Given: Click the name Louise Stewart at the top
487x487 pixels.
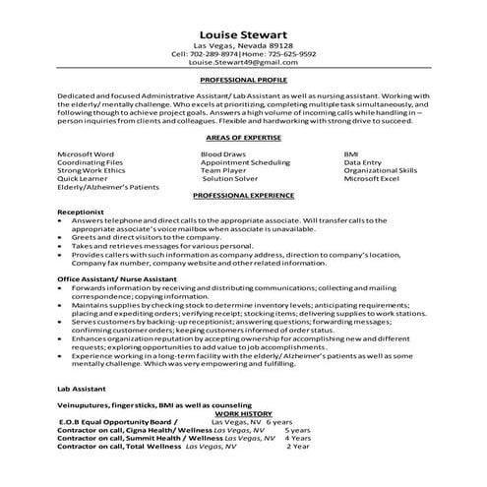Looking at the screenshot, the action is (242, 31).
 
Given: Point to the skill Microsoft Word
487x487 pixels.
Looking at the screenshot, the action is (87, 155).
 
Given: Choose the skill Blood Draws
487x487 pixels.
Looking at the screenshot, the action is (222, 155).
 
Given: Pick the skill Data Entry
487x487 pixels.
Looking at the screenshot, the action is (366, 163).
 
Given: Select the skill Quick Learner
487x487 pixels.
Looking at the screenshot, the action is (85, 179).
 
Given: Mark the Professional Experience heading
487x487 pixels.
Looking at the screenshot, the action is (242, 197).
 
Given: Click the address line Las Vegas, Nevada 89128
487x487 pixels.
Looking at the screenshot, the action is (242, 45).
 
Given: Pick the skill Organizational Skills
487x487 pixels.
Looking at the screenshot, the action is (381, 171).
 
